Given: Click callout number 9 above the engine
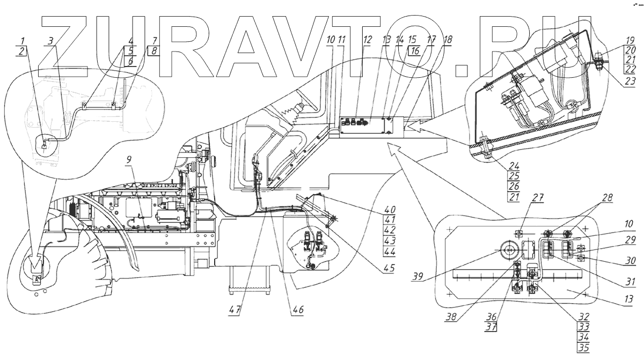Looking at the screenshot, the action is (129, 160).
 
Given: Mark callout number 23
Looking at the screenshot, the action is (631, 82).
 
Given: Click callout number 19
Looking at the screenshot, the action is (631, 40).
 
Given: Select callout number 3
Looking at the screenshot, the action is (49, 40).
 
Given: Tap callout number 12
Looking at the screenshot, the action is (367, 40).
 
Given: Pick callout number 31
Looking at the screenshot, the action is (630, 281).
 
